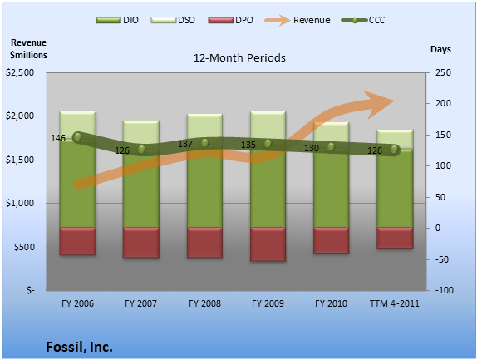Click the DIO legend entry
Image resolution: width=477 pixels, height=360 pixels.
[117, 21]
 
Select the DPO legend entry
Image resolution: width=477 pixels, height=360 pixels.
[230, 21]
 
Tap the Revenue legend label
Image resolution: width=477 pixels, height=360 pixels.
[312, 20]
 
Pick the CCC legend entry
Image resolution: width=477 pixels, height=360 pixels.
[363, 21]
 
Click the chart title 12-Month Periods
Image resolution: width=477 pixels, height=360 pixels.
[239, 57]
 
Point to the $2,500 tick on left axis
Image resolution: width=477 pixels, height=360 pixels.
[20, 72]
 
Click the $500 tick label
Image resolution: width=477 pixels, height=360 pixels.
[24, 247]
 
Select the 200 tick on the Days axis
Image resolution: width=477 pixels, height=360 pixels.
[443, 103]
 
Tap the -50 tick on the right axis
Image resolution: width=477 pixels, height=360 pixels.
[442, 259]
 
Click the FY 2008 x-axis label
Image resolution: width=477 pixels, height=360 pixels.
[204, 303]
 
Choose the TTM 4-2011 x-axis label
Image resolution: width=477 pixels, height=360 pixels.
[394, 303]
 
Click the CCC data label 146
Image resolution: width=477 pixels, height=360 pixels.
[58, 138]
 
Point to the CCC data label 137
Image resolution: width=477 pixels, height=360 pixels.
[185, 144]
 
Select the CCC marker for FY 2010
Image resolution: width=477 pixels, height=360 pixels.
[331, 147]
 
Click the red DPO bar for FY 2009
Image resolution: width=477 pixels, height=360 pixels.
[268, 244]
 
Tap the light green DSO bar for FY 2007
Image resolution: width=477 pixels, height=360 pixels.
[140, 132]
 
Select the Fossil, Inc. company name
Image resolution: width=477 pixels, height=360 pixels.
[79, 347]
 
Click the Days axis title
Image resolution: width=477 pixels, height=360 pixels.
[440, 49]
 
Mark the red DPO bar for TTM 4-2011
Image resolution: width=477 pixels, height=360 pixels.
[395, 238]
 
